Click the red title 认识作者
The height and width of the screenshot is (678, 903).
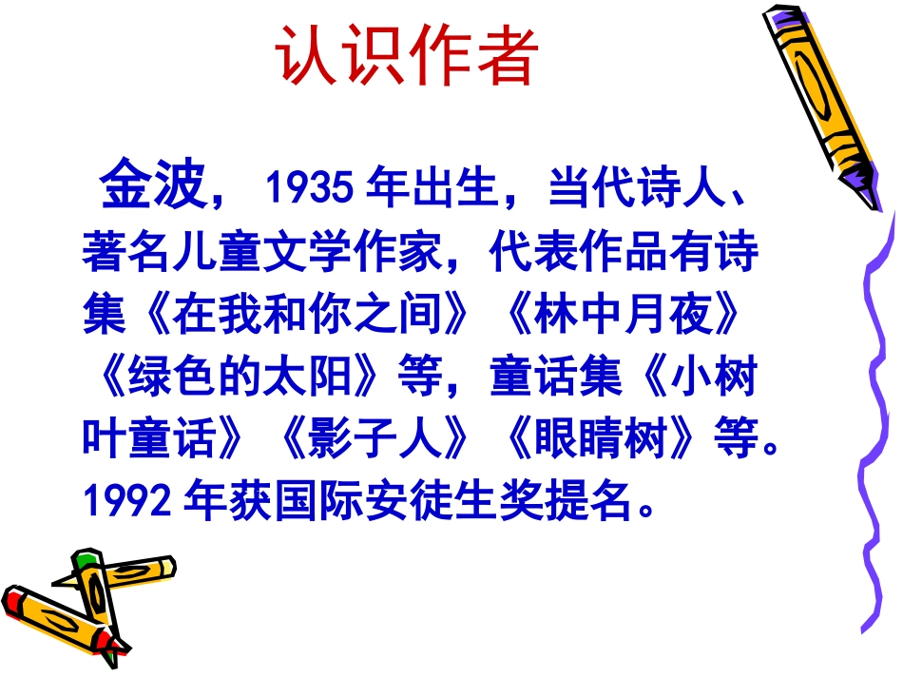[408, 56]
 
